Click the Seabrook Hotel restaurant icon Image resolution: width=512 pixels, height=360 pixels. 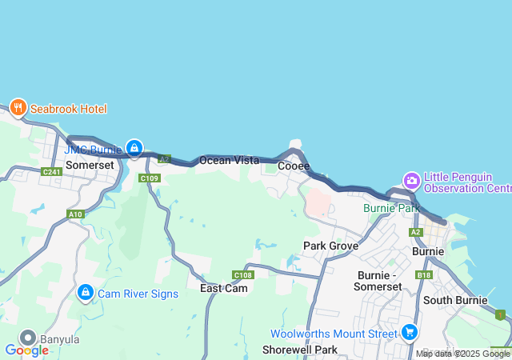18,108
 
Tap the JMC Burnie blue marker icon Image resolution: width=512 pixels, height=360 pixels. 134,148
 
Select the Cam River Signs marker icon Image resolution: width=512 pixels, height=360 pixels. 85,294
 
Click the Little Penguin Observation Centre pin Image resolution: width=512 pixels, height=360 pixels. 412,181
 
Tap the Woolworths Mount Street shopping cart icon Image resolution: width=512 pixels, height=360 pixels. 410,332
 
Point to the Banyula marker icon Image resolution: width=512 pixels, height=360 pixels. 28,338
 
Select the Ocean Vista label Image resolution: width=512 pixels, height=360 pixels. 229,160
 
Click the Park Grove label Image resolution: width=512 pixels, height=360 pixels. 330,246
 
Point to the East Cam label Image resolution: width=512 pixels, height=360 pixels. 224,288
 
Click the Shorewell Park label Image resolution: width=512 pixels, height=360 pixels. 300,350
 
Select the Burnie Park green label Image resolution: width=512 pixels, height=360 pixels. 391,208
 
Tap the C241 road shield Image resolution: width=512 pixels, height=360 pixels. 51,172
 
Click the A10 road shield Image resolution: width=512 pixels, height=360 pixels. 76,214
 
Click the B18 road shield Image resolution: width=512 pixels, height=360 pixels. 424,275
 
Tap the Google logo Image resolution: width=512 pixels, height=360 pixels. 26,350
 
